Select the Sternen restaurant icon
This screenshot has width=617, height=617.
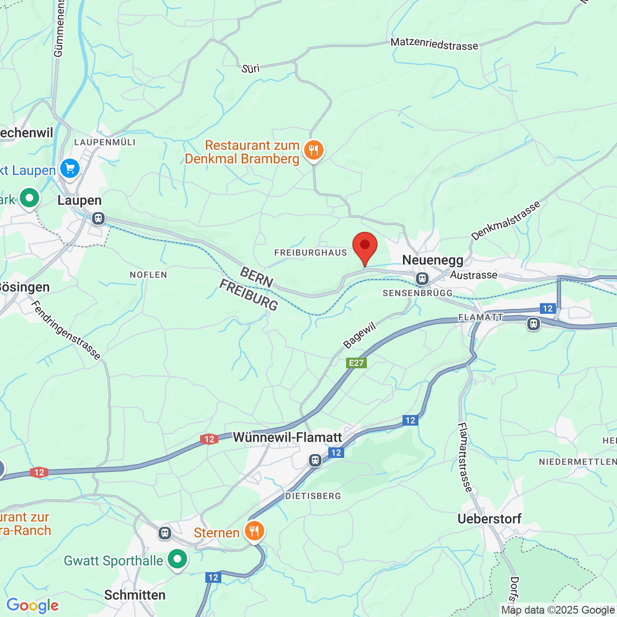pos(254,531)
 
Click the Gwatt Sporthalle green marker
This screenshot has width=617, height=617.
pos(177,560)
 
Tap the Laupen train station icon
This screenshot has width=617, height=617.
pos(98,218)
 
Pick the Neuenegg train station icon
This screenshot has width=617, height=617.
pos(422,278)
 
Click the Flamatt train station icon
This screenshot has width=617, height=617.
pos(533,323)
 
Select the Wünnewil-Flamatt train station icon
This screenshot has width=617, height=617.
pos(315,460)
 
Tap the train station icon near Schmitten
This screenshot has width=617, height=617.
pos(165,533)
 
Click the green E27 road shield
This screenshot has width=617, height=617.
pos(356,363)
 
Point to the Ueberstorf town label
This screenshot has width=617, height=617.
pos(489,519)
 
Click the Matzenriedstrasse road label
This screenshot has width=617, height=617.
pos(434,44)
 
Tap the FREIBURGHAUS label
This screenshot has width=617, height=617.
pos(310,253)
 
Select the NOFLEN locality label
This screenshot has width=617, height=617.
pos(148,275)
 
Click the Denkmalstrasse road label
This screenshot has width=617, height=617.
pos(506,221)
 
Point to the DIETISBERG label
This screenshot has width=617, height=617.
pos(313,496)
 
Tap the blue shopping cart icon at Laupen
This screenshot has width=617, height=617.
pos(70,169)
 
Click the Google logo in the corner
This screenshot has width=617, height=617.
pos(32,605)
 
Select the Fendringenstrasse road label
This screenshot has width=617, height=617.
pos(66,330)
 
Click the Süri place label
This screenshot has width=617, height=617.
pos(251,68)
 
